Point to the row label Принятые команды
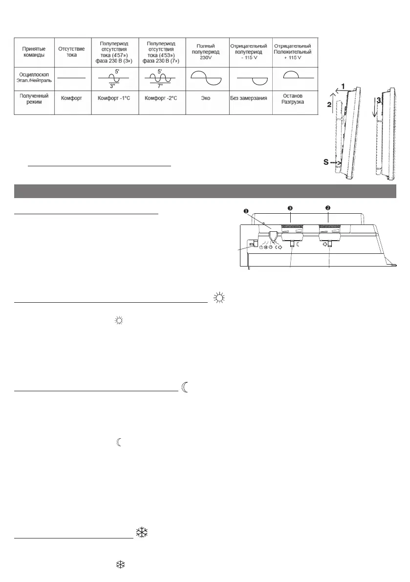pos(34,52)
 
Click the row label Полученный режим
pos(34,98)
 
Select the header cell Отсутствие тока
pos(72,52)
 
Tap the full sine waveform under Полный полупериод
pos(205,77)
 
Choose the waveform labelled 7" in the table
pos(160,77)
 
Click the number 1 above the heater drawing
pos(344,86)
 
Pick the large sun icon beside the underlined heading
pos(218,297)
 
